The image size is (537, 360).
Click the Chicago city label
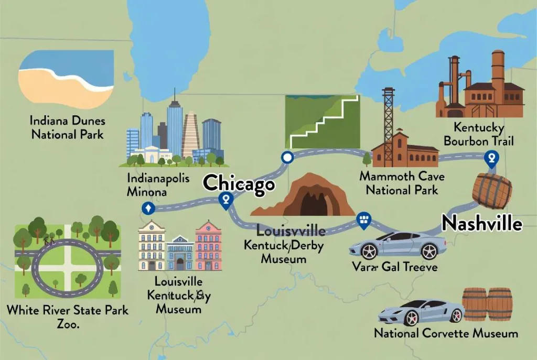[239, 184]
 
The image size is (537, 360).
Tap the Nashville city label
[482, 223]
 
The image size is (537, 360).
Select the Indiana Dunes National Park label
[67, 127]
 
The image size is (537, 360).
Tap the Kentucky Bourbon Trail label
[478, 134]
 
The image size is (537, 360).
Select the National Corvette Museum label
[446, 333]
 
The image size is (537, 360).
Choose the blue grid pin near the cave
[363, 220]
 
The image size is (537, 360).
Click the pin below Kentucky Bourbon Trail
[491, 158]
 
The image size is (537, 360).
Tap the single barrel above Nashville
[491, 191]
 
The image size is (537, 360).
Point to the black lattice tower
[389, 126]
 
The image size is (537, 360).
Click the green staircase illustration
[322, 122]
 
